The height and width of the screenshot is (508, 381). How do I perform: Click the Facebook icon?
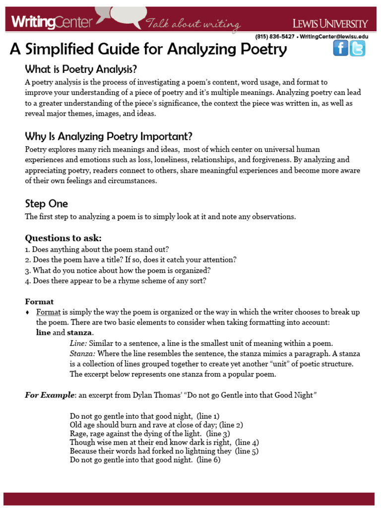pyautogui.click(x=340, y=48)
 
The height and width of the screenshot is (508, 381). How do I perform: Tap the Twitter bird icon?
pyautogui.click(x=357, y=48)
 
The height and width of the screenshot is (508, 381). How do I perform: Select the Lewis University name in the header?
pyautogui.click(x=330, y=23)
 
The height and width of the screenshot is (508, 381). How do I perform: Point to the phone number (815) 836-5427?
pyautogui.click(x=274, y=37)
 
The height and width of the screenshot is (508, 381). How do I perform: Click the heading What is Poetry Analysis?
pyautogui.click(x=81, y=69)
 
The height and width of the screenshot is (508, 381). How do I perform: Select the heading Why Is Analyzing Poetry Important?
pyautogui.click(x=109, y=136)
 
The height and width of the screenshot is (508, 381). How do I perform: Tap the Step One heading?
pyautogui.click(x=47, y=204)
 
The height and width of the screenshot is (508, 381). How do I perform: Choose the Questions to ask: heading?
pyautogui.click(x=63, y=238)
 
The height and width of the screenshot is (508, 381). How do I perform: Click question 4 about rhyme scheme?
pyautogui.click(x=115, y=281)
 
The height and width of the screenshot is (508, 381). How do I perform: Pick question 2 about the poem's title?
pyautogui.click(x=130, y=260)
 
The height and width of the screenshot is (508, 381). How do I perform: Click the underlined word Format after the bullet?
pyautogui.click(x=48, y=313)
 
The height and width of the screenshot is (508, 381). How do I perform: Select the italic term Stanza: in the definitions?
pyautogui.click(x=83, y=354)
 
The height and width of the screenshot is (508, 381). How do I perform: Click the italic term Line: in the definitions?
pyautogui.click(x=79, y=343)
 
